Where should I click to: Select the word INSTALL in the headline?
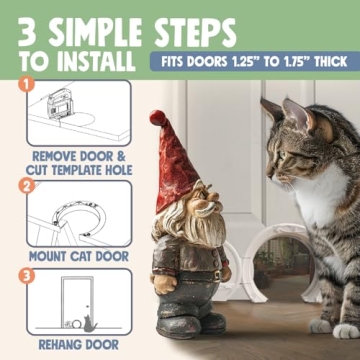point(95,61)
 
